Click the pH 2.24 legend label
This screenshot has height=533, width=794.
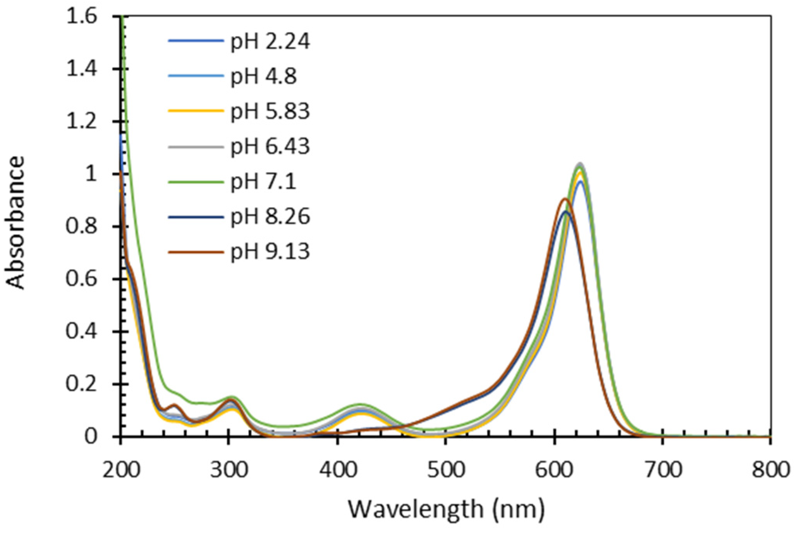coord(270,41)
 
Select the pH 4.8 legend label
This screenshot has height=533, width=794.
coord(263,76)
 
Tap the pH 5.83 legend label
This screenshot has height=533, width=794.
coord(270,111)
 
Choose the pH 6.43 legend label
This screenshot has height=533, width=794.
coord(270,146)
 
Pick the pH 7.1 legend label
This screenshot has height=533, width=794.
coord(263,182)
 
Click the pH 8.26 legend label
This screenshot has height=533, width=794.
coord(270,217)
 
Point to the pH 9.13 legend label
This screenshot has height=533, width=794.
coord(270,252)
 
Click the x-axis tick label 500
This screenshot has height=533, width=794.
coord(446,470)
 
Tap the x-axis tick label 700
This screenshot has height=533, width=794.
coord(663,470)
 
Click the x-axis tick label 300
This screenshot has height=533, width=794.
coord(229,470)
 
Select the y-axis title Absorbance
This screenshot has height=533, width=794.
coord(15,223)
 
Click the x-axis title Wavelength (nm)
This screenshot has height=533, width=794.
coord(446,509)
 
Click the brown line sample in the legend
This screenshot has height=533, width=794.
coord(196,252)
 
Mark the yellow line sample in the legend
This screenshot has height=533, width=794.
coord(196,111)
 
